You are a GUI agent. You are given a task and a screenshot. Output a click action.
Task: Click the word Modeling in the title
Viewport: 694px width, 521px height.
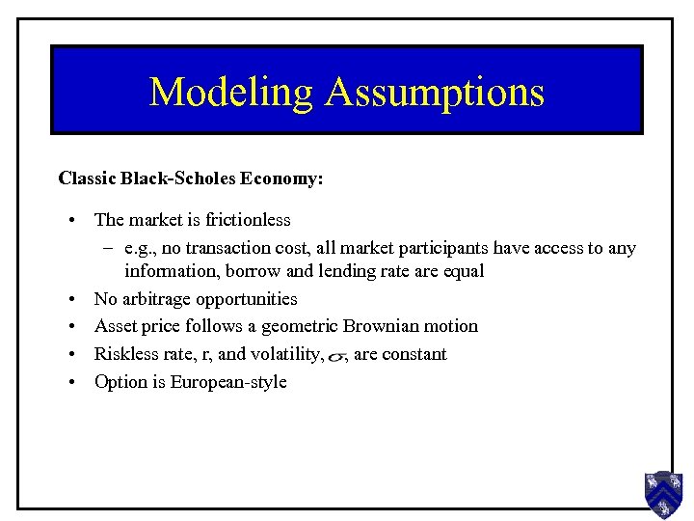[231, 92]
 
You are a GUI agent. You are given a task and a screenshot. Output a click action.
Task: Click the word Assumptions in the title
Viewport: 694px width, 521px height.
[435, 92]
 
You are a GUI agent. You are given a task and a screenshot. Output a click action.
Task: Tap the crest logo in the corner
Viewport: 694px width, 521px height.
[663, 495]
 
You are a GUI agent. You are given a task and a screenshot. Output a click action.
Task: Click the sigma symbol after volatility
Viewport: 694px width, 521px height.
[336, 357]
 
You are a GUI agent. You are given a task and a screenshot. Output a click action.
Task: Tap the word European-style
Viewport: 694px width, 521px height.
[228, 382]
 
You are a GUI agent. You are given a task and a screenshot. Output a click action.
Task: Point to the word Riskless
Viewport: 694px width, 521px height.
[124, 354]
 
